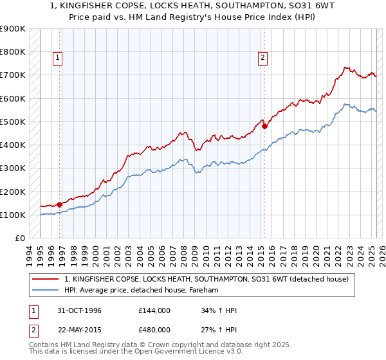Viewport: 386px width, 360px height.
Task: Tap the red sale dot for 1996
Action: pos(60,204)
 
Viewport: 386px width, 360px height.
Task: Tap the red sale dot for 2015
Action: pos(264,126)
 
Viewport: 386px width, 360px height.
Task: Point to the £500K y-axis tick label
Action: pos(13,122)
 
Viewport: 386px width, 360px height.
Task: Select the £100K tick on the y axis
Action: pos(13,215)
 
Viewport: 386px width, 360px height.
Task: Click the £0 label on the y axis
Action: pos(19,239)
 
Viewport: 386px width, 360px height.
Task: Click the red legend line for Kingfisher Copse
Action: pos(46,279)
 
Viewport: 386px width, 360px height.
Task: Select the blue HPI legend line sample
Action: pos(46,291)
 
